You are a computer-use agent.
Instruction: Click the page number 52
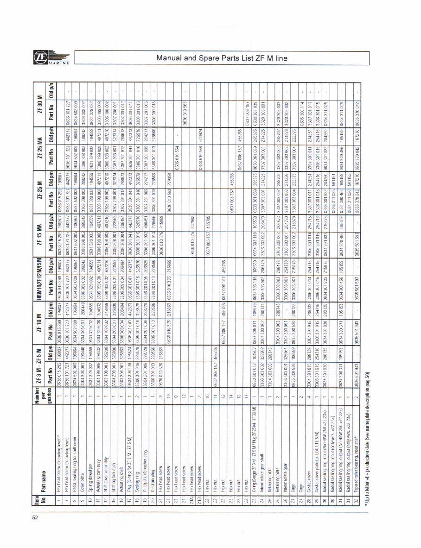click(35, 517)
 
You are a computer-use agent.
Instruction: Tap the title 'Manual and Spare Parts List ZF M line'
click(222, 58)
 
